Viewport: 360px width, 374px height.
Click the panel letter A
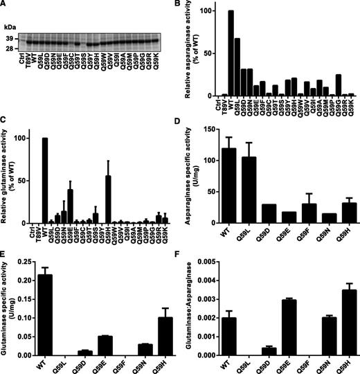[x=4, y=5]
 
